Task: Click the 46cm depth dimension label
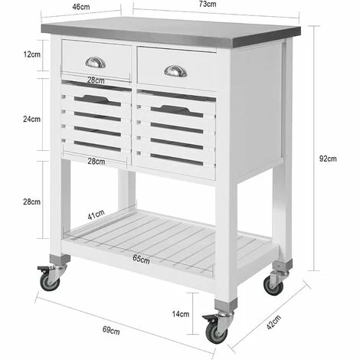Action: pyautogui.click(x=81, y=7)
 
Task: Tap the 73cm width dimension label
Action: pyautogui.click(x=208, y=4)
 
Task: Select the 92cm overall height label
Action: pyautogui.click(x=328, y=159)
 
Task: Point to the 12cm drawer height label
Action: pyautogui.click(x=32, y=54)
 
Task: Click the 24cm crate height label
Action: pyautogui.click(x=32, y=119)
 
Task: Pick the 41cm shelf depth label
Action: pyautogui.click(x=96, y=214)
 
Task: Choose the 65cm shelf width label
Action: pyautogui.click(x=141, y=259)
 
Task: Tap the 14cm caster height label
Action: pyautogui.click(x=181, y=314)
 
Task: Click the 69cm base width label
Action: pyautogui.click(x=111, y=330)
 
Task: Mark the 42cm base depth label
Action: pyautogui.click(x=273, y=322)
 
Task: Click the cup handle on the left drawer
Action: pyautogui.click(x=95, y=63)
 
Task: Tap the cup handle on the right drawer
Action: pyautogui.click(x=175, y=71)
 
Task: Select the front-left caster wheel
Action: pyautogui.click(x=50, y=283)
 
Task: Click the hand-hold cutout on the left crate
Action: pyautogui.click(x=97, y=100)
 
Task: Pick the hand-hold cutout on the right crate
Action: pyautogui.click(x=177, y=111)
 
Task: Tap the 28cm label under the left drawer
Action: pyautogui.click(x=96, y=80)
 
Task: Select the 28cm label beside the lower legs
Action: pyautogui.click(x=32, y=201)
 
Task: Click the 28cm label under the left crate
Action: pyautogui.click(x=97, y=162)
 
